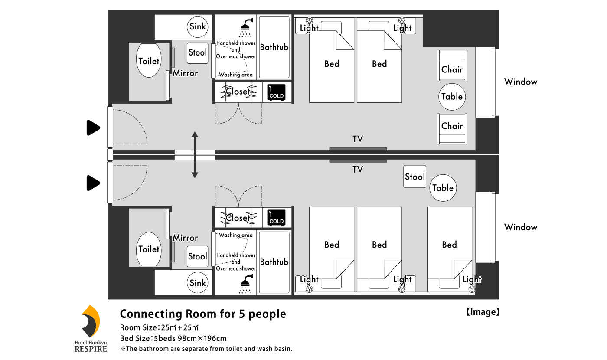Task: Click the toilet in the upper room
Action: (x=149, y=61)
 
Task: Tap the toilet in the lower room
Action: (x=149, y=249)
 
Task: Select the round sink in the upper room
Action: (x=198, y=27)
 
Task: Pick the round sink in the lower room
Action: (x=198, y=283)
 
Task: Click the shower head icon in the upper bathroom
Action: (x=246, y=27)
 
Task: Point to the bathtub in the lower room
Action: (x=274, y=262)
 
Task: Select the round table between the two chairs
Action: (x=452, y=96)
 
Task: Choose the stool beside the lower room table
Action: (x=414, y=177)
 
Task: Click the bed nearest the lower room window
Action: (x=449, y=249)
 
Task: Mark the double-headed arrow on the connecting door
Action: (x=195, y=155)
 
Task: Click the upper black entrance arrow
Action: (x=93, y=128)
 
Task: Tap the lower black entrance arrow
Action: (x=93, y=183)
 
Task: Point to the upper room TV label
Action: (x=357, y=139)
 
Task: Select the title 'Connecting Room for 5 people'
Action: (x=202, y=314)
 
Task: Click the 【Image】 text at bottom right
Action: (x=483, y=312)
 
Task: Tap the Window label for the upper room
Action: (x=520, y=82)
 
